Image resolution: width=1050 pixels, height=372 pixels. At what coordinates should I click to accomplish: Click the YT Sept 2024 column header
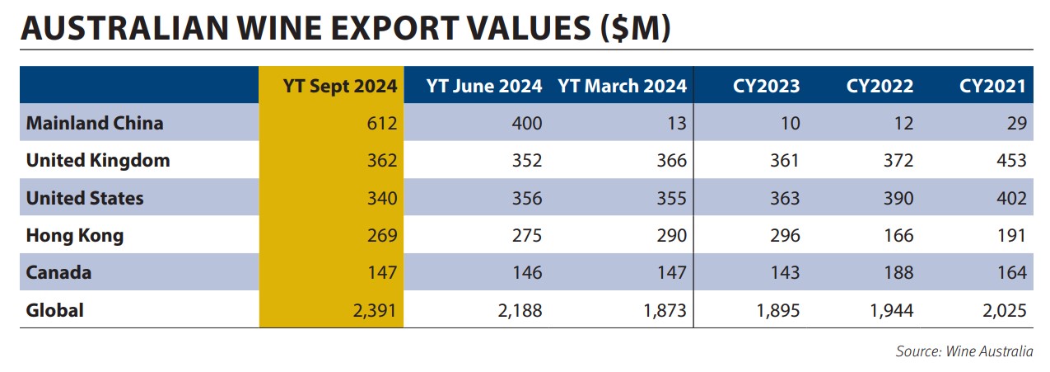point(340,87)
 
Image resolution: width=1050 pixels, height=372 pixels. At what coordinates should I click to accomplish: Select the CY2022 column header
point(880,86)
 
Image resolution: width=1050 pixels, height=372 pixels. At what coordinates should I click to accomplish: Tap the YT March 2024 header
point(622,86)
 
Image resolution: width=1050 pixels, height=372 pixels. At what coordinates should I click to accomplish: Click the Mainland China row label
point(95,123)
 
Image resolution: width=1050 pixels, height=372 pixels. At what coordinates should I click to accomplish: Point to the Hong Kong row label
point(75,236)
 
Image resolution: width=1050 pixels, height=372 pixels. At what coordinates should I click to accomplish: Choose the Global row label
point(55,310)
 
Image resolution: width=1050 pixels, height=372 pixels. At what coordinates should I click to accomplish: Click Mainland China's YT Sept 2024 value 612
point(382,123)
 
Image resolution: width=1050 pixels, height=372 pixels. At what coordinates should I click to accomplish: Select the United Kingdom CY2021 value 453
point(1011,161)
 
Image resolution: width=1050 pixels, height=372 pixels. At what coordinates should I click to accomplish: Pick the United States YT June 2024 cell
point(527,198)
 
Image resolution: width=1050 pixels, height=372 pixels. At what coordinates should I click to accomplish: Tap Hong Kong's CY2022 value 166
point(898,235)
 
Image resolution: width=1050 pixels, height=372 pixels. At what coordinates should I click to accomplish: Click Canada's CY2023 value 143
point(785,273)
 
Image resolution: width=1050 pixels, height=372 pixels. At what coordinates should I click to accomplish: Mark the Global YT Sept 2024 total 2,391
point(375,311)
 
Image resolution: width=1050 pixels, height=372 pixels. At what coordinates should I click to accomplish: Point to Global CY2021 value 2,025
point(1005,311)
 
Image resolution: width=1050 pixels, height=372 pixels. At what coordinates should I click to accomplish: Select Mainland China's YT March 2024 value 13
point(677,123)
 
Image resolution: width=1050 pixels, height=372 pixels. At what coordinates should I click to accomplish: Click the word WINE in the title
point(279,28)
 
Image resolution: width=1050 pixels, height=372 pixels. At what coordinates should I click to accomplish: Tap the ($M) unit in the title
point(636,28)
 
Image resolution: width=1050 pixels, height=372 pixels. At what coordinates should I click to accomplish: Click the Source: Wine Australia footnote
point(964,351)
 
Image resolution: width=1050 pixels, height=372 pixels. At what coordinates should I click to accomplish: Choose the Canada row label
point(58,273)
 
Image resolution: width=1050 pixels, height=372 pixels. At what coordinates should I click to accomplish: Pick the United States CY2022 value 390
point(898,198)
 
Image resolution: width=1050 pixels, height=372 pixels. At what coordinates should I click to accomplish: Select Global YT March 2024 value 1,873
point(665,311)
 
